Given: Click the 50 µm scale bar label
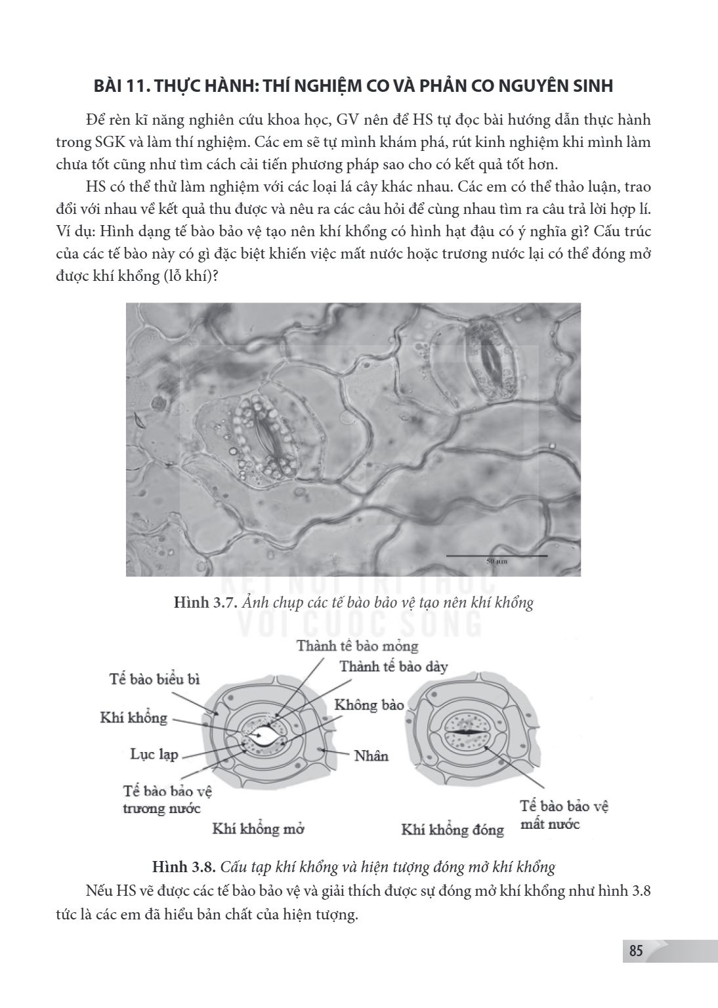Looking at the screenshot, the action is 497,562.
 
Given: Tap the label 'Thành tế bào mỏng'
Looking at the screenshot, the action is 357,646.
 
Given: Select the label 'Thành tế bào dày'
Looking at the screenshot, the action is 393,667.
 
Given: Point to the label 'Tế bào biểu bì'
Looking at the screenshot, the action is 154,679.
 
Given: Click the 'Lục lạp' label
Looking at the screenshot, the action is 154,754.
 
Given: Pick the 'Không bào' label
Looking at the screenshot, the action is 369,705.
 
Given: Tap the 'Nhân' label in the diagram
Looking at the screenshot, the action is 371,755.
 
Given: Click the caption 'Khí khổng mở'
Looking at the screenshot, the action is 258,829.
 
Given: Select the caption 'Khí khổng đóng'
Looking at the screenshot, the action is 452,829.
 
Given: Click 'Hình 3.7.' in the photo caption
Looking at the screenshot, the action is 205,602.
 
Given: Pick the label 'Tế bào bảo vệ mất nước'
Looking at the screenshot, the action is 564,815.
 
